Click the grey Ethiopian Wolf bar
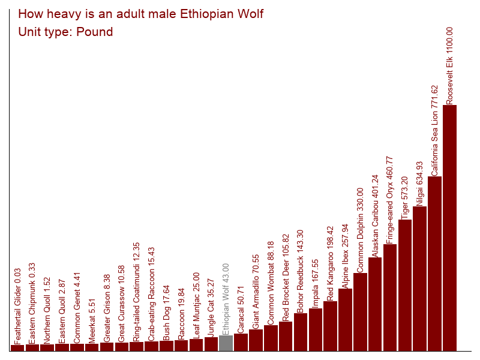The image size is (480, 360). click(226, 343)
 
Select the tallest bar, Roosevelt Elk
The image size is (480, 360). click(450, 228)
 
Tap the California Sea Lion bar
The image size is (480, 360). click(435, 263)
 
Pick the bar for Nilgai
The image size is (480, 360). click(420, 278)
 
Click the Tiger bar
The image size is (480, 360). click(405, 285)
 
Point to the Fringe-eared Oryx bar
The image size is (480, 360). click(390, 298)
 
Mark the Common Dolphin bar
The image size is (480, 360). click(360, 312)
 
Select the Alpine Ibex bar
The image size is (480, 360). click(346, 320)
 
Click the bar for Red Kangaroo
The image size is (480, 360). click(331, 326)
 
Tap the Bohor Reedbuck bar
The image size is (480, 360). click(301, 332)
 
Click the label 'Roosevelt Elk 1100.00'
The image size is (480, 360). click(450, 66)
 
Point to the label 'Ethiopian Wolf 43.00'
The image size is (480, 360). click(226, 298)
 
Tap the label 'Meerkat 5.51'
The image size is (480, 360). click(92, 320)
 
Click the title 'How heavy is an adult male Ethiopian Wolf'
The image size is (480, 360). click(141, 14)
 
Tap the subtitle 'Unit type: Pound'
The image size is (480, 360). click(66, 32)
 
